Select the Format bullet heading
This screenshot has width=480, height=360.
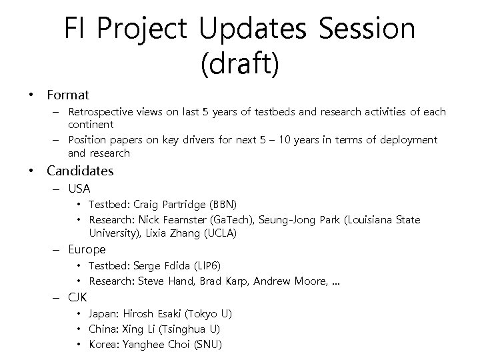[x=67, y=95]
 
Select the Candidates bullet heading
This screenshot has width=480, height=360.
[x=80, y=171]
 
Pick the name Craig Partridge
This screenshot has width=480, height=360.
[x=170, y=204]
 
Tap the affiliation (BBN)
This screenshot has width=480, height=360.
[x=223, y=204]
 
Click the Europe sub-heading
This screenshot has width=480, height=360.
[x=87, y=250]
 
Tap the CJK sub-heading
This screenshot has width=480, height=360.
[x=78, y=297]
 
